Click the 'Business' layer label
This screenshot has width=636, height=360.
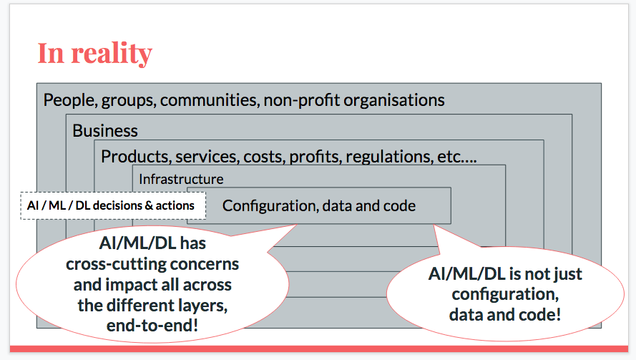pyautogui.click(x=105, y=131)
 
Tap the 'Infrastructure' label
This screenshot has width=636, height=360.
pyautogui.click(x=181, y=179)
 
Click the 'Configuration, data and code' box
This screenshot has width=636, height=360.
pyautogui.click(x=318, y=206)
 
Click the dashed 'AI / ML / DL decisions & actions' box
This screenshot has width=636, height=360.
pyautogui.click(x=112, y=205)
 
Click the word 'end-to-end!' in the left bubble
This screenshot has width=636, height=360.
pyautogui.click(x=152, y=326)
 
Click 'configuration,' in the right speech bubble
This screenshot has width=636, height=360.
pyautogui.click(x=504, y=293)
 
